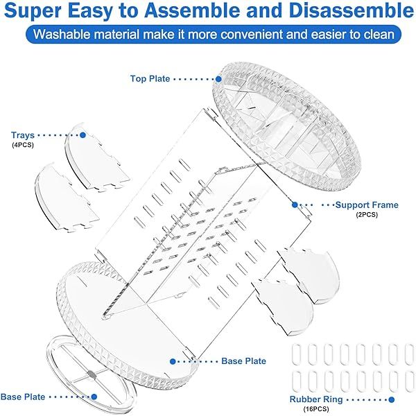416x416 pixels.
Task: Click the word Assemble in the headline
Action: pos(193,10)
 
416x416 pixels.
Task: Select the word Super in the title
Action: pos(32,11)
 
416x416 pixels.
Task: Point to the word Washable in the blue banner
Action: pos(61,35)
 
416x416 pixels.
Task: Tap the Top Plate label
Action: pos(150,78)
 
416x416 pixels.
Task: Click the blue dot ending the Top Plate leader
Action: pos(218,79)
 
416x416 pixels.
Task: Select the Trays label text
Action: pos(23,135)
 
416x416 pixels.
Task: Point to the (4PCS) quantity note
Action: pos(23,145)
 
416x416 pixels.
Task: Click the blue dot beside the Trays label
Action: pos(83,135)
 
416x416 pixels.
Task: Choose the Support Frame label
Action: pos(367,205)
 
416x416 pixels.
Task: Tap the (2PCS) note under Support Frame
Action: pos(367,215)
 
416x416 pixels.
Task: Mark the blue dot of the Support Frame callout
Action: pos(295,205)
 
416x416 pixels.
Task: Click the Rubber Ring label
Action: pos(316,399)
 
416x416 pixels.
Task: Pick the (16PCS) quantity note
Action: pos(316,409)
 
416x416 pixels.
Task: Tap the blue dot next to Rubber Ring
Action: pos(391,399)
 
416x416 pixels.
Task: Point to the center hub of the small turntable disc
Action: pos(92,374)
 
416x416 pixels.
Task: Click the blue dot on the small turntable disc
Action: pos(94,397)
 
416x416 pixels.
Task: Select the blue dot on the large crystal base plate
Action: pos(173,361)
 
